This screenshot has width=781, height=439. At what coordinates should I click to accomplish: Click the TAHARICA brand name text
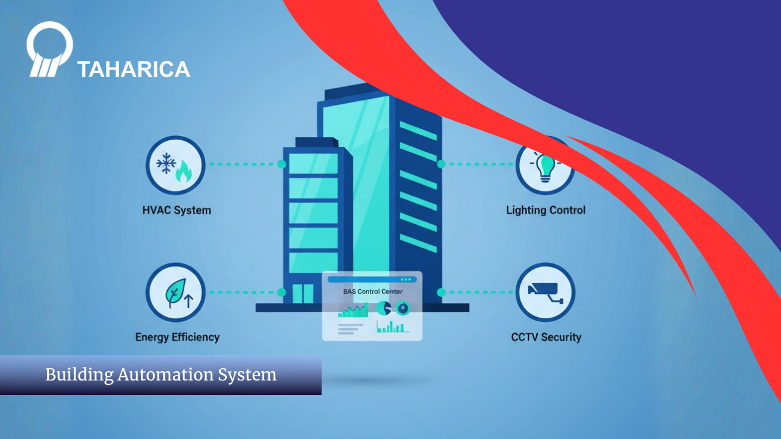pyautogui.click(x=134, y=70)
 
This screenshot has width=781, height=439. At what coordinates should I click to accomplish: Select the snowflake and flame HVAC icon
pyautogui.click(x=175, y=165)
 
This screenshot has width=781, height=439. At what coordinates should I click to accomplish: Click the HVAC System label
pyautogui.click(x=176, y=210)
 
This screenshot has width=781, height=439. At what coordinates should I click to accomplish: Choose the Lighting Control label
pyautogui.click(x=545, y=210)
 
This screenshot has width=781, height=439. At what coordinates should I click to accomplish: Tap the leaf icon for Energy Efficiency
pyautogui.click(x=175, y=293)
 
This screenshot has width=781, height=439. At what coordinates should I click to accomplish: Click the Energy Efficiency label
pyautogui.click(x=177, y=337)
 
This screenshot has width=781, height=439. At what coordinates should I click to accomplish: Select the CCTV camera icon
pyautogui.click(x=545, y=292)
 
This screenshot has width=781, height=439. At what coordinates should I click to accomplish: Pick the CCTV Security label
pyautogui.click(x=546, y=337)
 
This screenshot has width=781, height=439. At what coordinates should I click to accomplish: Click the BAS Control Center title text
pyautogui.click(x=372, y=291)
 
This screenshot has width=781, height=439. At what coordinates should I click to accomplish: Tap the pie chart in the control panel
pyautogui.click(x=383, y=309)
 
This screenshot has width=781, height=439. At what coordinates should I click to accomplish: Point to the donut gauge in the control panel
pyautogui.click(x=403, y=309)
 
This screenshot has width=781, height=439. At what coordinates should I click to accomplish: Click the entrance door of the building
pyautogui.click(x=303, y=293)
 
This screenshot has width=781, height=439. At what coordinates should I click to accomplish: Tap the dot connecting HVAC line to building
pyautogui.click(x=281, y=165)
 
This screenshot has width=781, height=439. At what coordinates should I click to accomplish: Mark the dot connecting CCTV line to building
pyautogui.click(x=441, y=293)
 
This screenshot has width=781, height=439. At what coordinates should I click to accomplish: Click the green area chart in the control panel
pyautogui.click(x=354, y=312)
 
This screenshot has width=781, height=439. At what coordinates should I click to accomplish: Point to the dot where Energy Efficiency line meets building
pyautogui.click(x=281, y=293)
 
